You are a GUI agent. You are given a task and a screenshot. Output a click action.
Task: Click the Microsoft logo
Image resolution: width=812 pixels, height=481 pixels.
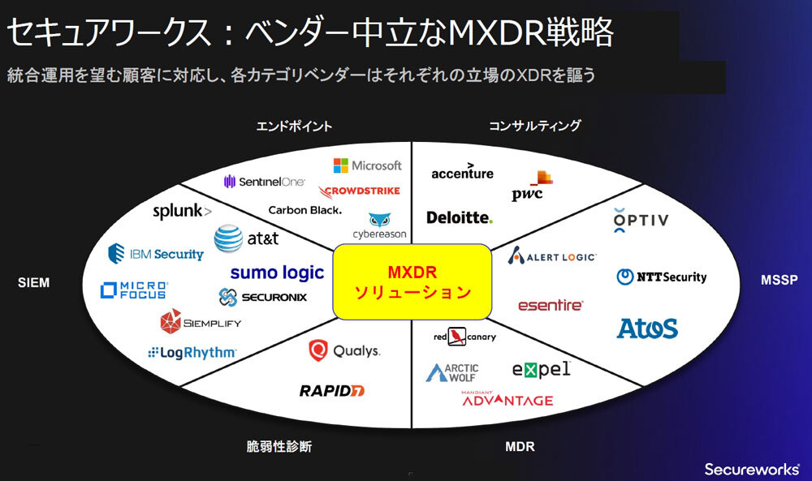click(367, 165)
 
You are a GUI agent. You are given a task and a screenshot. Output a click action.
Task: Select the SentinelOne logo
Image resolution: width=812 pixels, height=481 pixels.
click(264, 182)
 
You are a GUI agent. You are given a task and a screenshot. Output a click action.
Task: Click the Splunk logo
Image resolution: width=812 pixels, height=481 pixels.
click(183, 212)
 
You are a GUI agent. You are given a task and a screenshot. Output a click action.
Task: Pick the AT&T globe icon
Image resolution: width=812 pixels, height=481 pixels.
click(228, 238)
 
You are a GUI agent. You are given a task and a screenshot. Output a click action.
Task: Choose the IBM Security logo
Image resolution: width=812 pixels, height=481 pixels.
click(156, 254)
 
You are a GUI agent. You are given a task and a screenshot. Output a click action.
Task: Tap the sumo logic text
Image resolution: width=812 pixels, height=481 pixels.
click(277, 273)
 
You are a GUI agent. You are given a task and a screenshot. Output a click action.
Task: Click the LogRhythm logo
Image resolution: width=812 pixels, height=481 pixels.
click(192, 353)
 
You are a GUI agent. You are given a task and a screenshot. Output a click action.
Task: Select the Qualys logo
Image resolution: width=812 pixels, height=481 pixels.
click(343, 351)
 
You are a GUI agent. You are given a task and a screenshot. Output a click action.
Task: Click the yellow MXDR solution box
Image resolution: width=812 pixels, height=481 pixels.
click(412, 281)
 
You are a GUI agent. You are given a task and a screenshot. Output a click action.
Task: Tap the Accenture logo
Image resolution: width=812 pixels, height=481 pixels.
click(462, 172)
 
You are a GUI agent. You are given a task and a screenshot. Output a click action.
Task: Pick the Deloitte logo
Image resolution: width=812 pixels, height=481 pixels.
click(460, 217)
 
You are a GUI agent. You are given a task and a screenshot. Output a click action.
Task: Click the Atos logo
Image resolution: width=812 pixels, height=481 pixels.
click(647, 328)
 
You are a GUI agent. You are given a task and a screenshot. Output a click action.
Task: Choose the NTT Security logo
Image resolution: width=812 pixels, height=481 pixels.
click(662, 277)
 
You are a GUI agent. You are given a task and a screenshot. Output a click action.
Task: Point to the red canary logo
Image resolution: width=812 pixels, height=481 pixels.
click(464, 336)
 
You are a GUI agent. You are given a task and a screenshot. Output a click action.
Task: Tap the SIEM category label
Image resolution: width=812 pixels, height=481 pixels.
click(33, 282)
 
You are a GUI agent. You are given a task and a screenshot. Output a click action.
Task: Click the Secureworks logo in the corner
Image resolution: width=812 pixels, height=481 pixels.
click(751, 468)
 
